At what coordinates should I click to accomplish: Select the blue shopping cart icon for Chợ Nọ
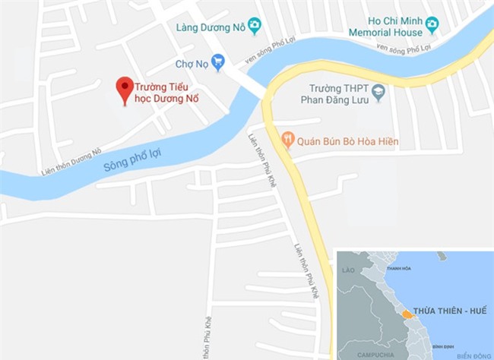point(218,62)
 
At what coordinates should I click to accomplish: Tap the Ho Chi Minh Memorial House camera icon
point(432,24)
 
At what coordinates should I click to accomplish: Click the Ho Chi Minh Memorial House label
point(385,27)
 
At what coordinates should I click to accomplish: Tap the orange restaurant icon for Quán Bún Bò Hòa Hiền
point(287,140)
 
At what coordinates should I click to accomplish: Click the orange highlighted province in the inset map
point(407,312)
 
